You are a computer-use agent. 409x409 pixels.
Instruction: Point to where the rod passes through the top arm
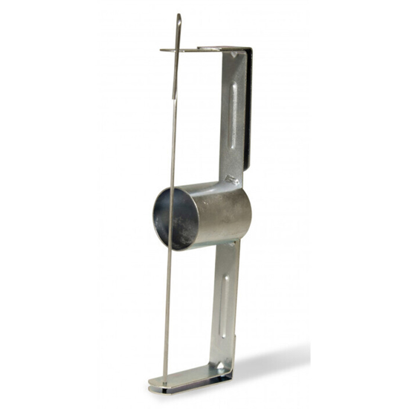coord(178,51)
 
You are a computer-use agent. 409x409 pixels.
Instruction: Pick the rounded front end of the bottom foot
coord(156,383)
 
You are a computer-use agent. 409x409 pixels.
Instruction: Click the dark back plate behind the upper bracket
coord(247,112)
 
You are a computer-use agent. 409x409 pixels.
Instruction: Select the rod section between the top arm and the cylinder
coord(175,119)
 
